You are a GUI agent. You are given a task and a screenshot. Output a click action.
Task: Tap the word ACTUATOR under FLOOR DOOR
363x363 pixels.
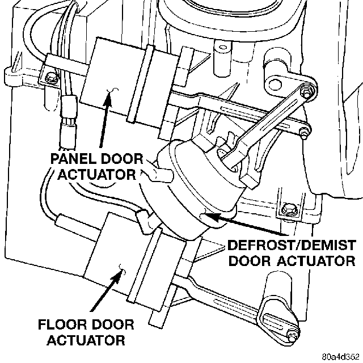tap(85, 341)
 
